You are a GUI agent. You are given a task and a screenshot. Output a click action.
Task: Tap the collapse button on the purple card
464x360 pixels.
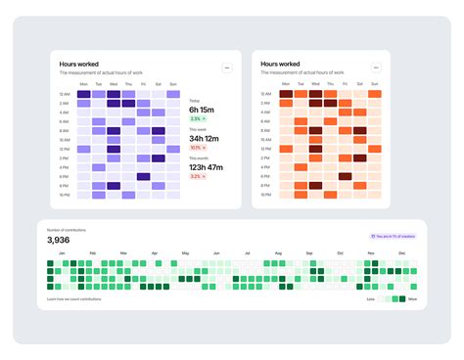[227, 67]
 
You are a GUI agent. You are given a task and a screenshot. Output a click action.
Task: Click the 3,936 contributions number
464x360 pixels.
[59, 240]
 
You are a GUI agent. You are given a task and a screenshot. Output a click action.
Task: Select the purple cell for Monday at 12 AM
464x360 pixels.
[83, 94]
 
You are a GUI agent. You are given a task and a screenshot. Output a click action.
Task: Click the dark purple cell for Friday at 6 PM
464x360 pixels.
[143, 177]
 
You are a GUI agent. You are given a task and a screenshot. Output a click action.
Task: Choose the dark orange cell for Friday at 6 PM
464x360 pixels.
[345, 177]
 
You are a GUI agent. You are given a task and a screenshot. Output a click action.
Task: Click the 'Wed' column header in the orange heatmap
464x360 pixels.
[314, 85]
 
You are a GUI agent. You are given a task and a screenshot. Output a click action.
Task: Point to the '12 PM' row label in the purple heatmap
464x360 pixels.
[64, 150]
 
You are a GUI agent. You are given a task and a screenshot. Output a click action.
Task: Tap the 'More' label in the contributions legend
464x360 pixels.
[412, 299]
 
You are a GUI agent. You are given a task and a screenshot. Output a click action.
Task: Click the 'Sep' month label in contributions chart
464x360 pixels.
[309, 252]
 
